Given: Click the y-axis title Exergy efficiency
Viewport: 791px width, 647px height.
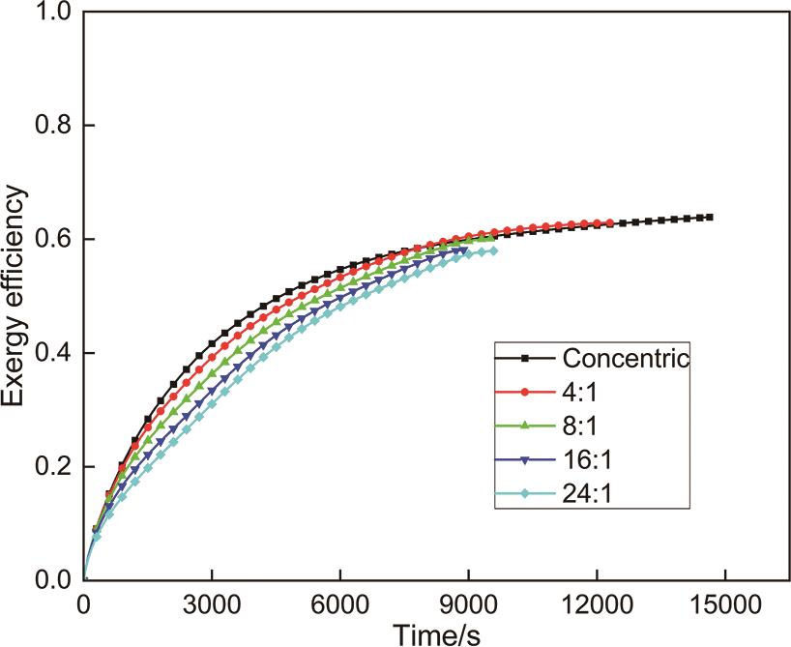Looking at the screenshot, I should tap(20, 297).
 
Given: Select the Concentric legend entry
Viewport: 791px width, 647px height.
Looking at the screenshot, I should tap(626, 359).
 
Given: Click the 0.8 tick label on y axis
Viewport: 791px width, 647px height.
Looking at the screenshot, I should tap(52, 126).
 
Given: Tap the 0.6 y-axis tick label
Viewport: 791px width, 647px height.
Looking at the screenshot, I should tap(52, 239).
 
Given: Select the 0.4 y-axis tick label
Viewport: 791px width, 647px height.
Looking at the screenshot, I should tap(52, 353).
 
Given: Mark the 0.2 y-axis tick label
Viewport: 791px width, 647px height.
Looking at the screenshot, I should tap(52, 466).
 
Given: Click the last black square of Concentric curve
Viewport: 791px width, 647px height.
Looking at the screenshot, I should tap(710, 217).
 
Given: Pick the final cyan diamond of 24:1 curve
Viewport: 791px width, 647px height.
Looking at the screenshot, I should tap(494, 250).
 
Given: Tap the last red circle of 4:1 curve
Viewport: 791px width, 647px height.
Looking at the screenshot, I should tap(609, 223).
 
